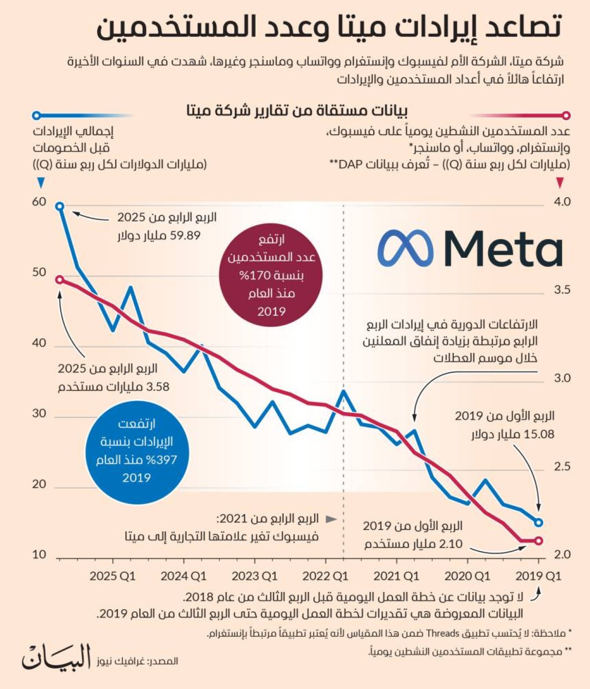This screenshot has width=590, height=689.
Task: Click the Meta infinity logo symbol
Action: click(x=406, y=248)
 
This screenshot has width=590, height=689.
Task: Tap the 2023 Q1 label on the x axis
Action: click(x=254, y=576)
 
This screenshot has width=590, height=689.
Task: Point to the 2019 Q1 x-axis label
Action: click(x=538, y=576)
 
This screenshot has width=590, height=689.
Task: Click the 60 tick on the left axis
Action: click(x=39, y=202)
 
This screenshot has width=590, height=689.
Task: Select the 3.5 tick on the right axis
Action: click(x=562, y=290)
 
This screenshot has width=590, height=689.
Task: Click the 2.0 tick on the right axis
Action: click(x=562, y=555)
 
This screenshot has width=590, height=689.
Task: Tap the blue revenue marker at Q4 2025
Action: click(x=59, y=206)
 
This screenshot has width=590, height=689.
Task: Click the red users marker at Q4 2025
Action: click(x=59, y=280)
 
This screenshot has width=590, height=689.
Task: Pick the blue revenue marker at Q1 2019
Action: click(x=538, y=522)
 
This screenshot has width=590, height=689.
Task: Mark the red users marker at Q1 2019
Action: click(x=538, y=541)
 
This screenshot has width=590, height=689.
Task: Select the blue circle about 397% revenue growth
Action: click(x=137, y=451)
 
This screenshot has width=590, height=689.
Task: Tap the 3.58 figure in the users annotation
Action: click(x=158, y=387)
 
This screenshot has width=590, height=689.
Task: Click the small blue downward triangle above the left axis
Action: click(x=41, y=183)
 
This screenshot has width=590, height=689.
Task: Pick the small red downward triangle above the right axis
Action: click(x=560, y=183)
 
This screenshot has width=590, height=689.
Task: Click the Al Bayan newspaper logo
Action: click(x=56, y=657)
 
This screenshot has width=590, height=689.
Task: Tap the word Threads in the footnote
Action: click(x=442, y=633)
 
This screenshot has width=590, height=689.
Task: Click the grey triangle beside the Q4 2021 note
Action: click(x=332, y=519)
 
